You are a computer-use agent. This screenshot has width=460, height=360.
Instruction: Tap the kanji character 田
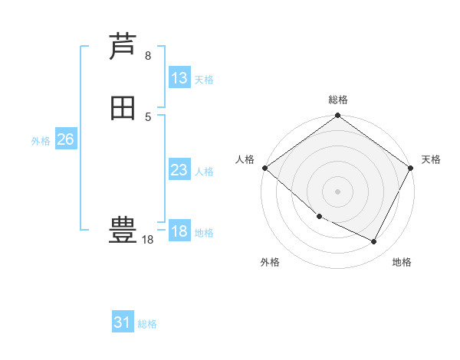pos(123,108)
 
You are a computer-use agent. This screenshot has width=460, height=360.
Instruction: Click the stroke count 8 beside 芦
pos(148,55)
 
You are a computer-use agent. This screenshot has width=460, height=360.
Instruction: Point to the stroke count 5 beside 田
pos(148,116)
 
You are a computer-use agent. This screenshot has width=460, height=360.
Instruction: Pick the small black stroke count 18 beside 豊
pos(148,240)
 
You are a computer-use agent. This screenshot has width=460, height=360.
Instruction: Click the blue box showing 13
pos(179,78)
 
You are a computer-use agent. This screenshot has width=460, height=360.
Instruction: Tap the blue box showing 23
pos(179,170)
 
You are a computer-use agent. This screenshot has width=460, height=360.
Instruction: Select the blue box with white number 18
pos(179,231)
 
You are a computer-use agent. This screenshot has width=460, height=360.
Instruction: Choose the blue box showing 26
pos(66,139)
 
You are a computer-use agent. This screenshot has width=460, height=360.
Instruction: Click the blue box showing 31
pos(123,322)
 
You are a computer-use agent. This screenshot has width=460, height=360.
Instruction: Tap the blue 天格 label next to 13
pos(204,80)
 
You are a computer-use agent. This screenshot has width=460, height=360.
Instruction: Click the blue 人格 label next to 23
pos(204,172)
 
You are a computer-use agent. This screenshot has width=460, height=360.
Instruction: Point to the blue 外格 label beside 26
pos(41,141)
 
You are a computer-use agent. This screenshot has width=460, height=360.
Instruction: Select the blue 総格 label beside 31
pos(147,324)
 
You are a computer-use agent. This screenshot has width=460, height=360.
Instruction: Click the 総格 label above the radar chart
pos(338,100)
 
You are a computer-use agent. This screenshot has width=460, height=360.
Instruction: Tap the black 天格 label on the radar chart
pos(431,159)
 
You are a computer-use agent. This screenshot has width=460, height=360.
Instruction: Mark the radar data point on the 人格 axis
pos(264,168)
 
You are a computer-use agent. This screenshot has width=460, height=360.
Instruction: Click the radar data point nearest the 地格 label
pos(374,242)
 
